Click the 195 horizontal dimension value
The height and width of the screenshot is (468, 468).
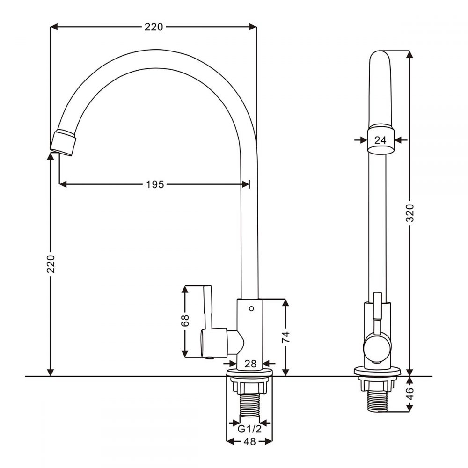pos(154,184)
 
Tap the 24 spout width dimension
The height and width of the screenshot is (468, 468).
pos(381,139)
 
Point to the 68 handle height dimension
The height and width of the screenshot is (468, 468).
pos(185,321)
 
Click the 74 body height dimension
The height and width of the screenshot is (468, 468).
pos(286,337)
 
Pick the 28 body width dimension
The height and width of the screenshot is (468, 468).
pos(250,364)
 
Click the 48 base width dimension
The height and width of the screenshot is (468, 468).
pos(250,441)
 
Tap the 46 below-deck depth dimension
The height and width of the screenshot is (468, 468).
pos(410,394)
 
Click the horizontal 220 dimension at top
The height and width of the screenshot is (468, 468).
pos(154,27)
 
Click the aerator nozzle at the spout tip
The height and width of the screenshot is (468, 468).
pos(63,143)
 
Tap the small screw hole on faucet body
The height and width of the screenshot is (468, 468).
pos(251,308)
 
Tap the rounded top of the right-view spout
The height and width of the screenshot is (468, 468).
pos(380,58)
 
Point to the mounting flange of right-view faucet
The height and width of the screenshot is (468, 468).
pos(377,371)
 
